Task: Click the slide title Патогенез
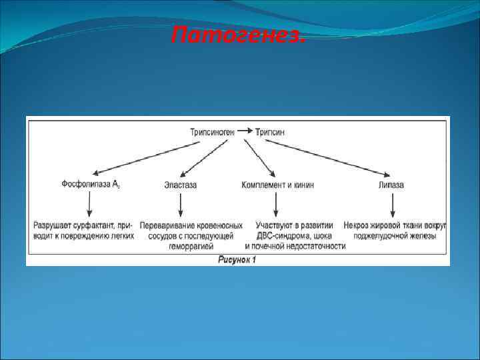point(238,34)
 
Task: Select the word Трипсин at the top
point(269,132)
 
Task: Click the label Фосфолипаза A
point(90,184)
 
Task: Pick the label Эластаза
point(180,185)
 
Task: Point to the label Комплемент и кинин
point(277,185)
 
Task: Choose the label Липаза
point(391,185)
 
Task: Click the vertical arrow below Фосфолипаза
point(90,204)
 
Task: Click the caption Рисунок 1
point(237,259)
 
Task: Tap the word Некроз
point(357,225)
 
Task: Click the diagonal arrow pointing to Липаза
point(333,157)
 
